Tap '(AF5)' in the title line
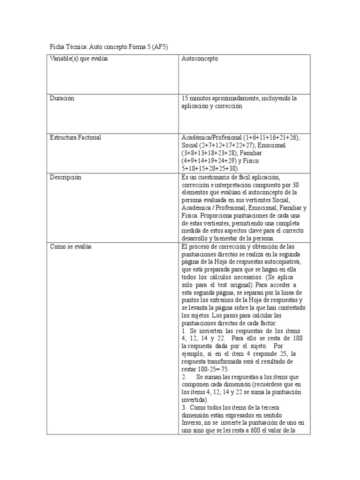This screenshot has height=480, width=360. (158, 47)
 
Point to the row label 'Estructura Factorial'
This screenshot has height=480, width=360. (75, 138)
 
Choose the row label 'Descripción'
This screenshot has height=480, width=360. (66, 177)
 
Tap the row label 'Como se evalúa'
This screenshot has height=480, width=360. (70, 247)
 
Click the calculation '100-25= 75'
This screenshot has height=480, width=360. (213, 369)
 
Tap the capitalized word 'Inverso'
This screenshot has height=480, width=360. (192, 423)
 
